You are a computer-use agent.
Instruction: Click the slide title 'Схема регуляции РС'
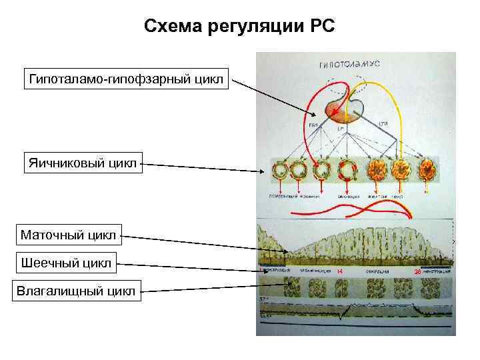coord(240,27)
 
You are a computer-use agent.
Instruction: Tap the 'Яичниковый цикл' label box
coord(83,162)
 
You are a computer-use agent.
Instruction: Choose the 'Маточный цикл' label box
coord(68,235)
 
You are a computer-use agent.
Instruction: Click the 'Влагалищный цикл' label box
coord(77,291)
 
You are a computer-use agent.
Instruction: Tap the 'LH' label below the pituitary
coord(340,127)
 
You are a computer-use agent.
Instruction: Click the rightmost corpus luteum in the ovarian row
coord(427,171)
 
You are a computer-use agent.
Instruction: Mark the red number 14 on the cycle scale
coord(340,272)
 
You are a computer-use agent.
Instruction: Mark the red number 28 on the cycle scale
coord(418,272)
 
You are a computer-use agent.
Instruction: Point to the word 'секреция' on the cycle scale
coord(377,272)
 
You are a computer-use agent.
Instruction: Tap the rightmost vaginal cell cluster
coord(427,288)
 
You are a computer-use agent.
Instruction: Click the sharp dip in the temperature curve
coord(341,316)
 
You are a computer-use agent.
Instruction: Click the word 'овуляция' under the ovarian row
coord(348,197)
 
